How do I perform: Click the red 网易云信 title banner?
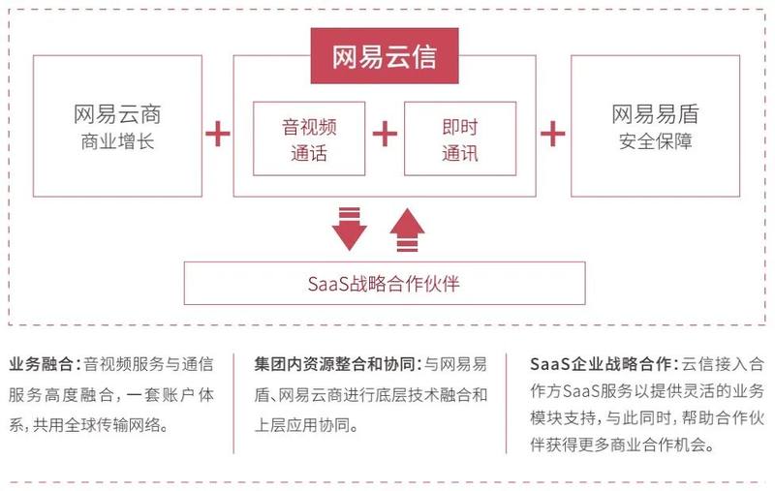click(x=385, y=56)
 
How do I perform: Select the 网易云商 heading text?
click(x=117, y=114)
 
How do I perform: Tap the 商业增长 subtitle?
click(x=117, y=141)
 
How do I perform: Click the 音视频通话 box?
click(x=309, y=138)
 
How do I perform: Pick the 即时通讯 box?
click(x=460, y=138)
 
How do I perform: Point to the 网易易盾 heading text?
click(x=656, y=114)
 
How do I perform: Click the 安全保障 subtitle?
click(x=656, y=141)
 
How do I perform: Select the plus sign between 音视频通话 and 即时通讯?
click(x=385, y=134)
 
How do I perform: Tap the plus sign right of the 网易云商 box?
click(x=218, y=134)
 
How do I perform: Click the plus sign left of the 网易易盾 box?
click(x=553, y=134)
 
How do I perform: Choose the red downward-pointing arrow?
click(x=350, y=229)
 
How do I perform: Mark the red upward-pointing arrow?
click(x=407, y=230)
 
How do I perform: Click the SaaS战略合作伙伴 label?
click(x=384, y=284)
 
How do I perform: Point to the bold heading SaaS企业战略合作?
click(x=601, y=364)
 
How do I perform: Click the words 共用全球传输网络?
click(x=97, y=425)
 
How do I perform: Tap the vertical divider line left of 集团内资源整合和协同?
click(x=233, y=403)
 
